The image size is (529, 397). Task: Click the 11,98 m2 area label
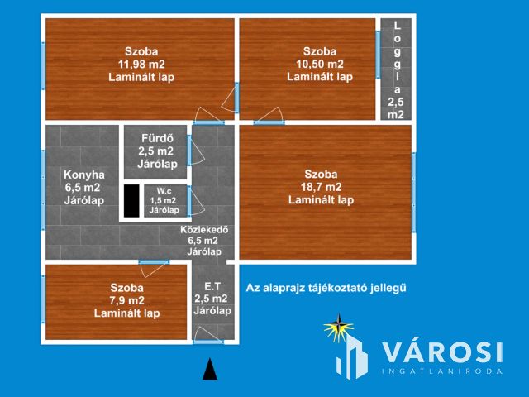click(x=141, y=65)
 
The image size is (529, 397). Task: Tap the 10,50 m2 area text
click(x=320, y=64)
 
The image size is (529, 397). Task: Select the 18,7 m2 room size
click(x=321, y=187)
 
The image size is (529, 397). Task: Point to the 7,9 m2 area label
click(x=126, y=300)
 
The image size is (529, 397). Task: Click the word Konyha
click(x=84, y=175)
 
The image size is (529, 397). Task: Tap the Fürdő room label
click(x=157, y=138)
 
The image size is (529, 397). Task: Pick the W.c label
click(x=164, y=191)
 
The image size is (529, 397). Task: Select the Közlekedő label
click(x=204, y=230)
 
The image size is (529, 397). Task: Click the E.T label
click(x=212, y=287)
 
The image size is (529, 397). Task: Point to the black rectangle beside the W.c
click(x=131, y=201)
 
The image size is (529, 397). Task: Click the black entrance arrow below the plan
click(x=210, y=369)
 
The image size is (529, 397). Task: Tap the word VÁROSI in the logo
click(x=442, y=352)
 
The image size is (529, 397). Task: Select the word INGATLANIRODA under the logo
click(x=442, y=371)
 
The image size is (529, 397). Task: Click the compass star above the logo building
click(x=339, y=328)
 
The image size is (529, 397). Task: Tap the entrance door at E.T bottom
click(x=208, y=342)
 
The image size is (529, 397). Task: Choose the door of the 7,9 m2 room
click(x=154, y=269)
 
